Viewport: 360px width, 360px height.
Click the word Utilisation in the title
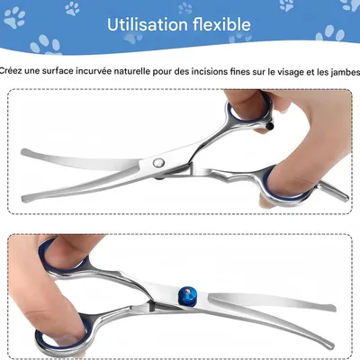(149, 24)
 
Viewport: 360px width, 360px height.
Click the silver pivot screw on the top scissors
(158, 162)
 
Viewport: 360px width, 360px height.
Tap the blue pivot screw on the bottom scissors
(189, 295)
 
